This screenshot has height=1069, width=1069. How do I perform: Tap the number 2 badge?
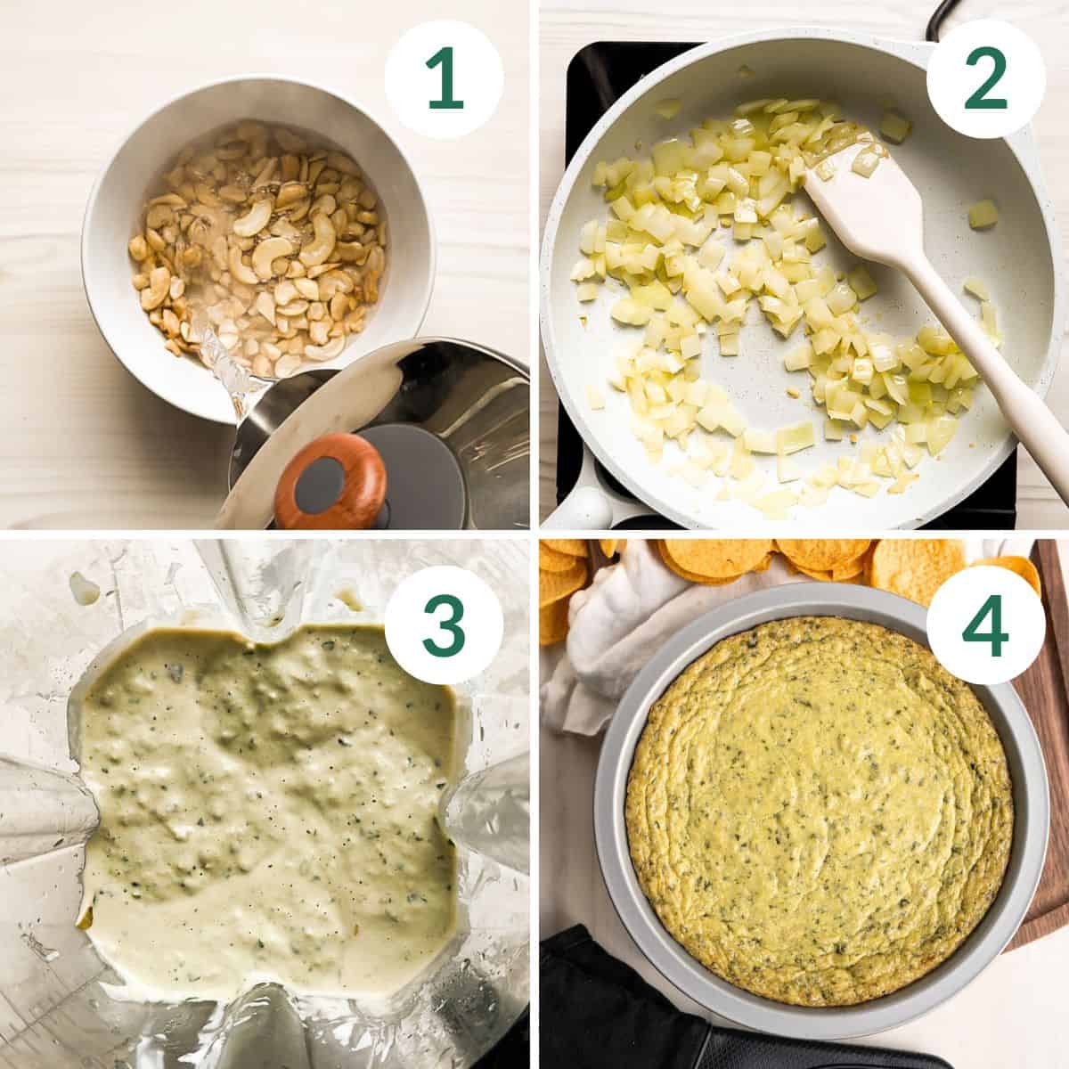click(983, 80)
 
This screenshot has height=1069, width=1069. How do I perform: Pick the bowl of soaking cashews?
click(258, 245)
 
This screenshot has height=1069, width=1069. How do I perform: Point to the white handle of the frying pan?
click(579, 508)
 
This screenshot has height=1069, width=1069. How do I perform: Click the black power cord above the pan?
click(935, 22)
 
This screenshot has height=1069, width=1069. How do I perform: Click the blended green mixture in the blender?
click(267, 802)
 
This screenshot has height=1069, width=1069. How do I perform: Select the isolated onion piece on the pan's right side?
click(982, 214)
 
